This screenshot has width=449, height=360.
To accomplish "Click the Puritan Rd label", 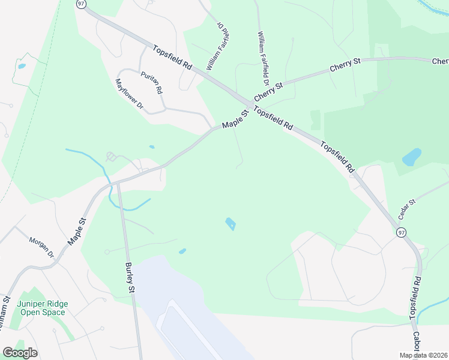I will tap(152, 83).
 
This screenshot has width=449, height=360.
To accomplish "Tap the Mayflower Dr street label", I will tap(130, 95).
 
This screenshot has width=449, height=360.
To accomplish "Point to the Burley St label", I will tap(130, 277).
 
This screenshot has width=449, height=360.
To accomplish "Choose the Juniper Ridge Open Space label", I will tap(43, 308).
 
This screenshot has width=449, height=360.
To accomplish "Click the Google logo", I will tap(20, 353).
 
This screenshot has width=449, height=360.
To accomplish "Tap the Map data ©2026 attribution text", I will tap(423, 355).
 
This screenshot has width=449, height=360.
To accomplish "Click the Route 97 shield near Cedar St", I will tap(402, 232).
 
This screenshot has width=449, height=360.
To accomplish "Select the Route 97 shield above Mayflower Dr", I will tap(82, 4).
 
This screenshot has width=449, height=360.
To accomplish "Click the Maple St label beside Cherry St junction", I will tap(235, 119).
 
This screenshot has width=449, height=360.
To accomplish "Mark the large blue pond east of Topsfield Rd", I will tap(412, 157).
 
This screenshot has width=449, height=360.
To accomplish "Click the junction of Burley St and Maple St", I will tap(118, 181).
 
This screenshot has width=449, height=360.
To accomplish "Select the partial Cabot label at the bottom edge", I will tap(417, 343).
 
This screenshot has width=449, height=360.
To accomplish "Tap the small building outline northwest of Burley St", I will tap(112, 157).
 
